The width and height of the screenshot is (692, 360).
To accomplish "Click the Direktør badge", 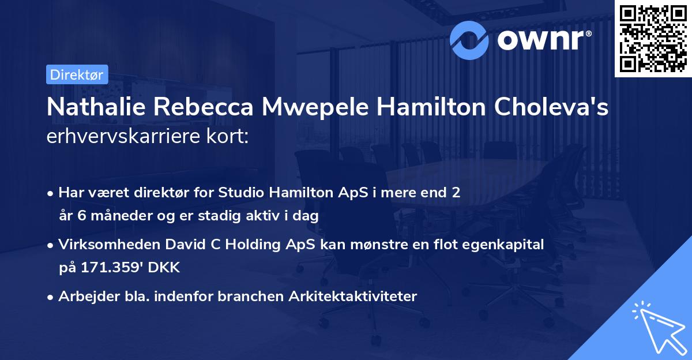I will click(77, 74).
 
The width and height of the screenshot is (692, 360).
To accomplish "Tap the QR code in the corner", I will click(653, 38).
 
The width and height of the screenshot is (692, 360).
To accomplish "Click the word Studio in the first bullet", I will click(239, 193).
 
